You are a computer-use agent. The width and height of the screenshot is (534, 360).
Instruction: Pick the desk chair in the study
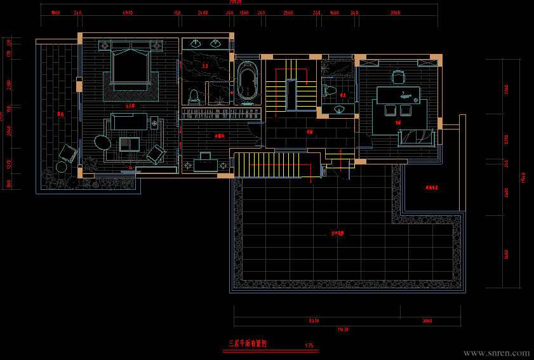[x=399, y=77]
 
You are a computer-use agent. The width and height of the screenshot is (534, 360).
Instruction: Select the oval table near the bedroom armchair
[x=102, y=142]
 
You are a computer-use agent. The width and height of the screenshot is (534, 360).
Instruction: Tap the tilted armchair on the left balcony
[x=68, y=152]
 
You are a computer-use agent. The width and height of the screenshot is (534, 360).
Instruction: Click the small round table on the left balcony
[x=62, y=167]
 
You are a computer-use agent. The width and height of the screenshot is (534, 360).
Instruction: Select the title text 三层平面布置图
[x=248, y=343]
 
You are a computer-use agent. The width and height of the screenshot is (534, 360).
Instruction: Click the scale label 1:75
[x=309, y=346]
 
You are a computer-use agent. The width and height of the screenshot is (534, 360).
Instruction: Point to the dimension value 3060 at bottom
[x=427, y=321]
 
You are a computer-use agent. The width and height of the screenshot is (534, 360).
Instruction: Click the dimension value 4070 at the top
[x=127, y=13]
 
